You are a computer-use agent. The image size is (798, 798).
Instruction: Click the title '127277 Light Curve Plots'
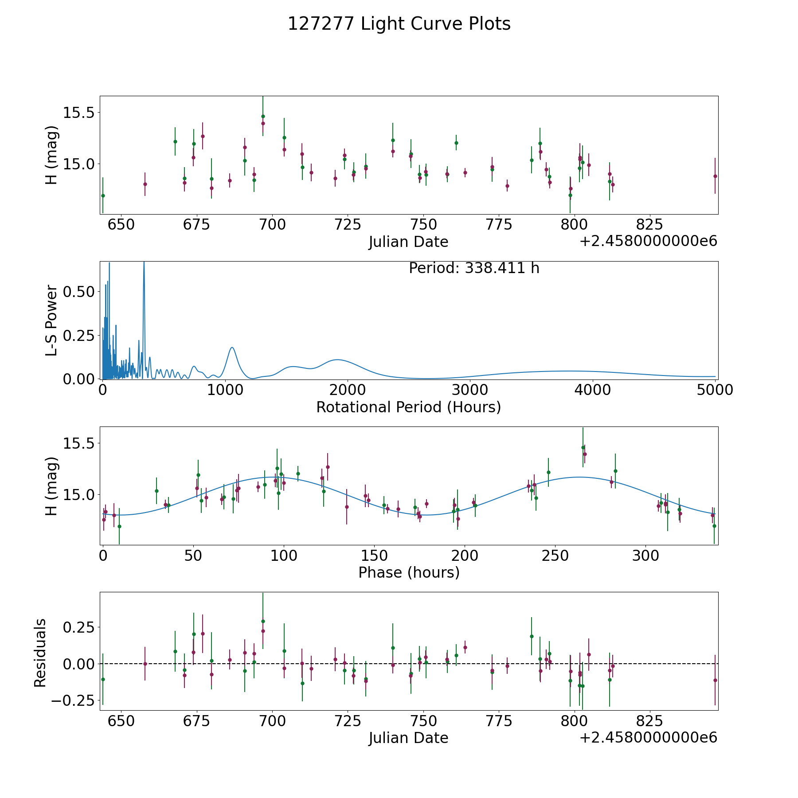399,24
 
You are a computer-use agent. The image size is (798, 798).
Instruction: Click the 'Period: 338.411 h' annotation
474,268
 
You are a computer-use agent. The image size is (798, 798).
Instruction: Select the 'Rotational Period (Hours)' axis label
408,407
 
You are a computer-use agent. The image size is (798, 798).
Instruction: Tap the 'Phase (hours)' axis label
408,572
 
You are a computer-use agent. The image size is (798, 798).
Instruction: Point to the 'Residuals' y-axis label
40,653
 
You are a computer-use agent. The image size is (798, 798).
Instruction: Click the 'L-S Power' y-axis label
51,321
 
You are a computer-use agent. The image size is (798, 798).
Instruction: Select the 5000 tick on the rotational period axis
715,390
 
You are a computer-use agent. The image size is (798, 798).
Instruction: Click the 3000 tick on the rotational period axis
470,390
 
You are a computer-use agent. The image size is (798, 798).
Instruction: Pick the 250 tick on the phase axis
555,555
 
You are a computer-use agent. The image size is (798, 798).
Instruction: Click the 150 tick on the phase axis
374,555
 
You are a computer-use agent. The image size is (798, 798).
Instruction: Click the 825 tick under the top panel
649,225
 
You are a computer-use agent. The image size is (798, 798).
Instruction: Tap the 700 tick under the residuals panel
272,721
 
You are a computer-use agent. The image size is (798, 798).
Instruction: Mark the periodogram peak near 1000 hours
232,348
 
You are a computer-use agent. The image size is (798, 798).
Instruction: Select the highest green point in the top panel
263,116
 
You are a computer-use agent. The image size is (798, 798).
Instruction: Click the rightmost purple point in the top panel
715,176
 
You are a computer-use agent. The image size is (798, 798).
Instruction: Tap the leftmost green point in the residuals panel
103,679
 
